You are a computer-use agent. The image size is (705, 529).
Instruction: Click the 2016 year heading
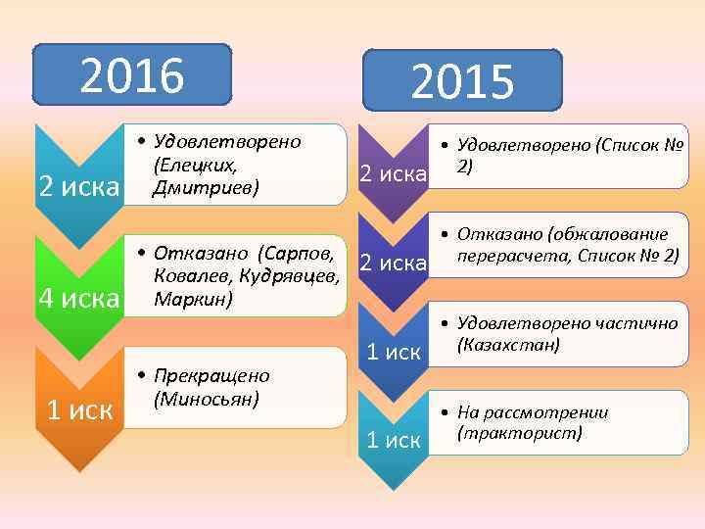[x=132, y=74]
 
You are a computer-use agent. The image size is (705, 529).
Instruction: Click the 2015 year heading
[x=462, y=81]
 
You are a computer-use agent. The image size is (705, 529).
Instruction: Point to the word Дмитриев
[x=204, y=186]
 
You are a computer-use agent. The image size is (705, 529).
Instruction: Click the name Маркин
[x=191, y=299]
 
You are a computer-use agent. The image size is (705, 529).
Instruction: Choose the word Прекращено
[x=211, y=376]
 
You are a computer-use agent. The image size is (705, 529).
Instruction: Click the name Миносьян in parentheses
[x=206, y=398]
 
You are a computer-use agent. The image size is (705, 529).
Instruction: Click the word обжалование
[x=608, y=234]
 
